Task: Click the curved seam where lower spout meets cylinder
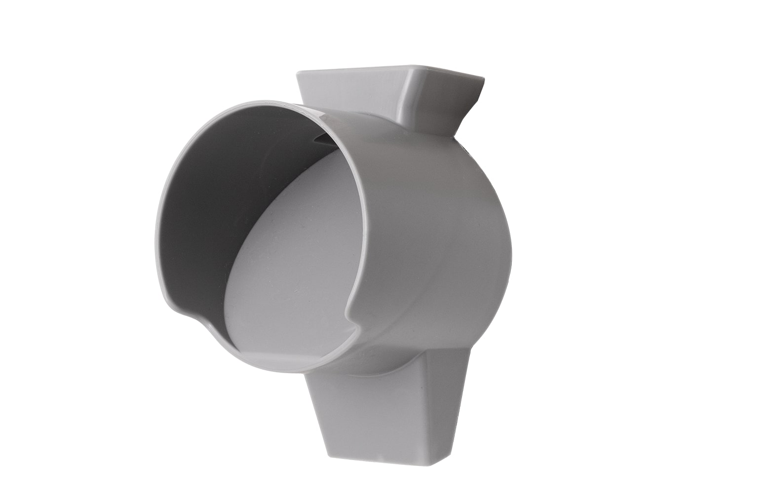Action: (x=395, y=368)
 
